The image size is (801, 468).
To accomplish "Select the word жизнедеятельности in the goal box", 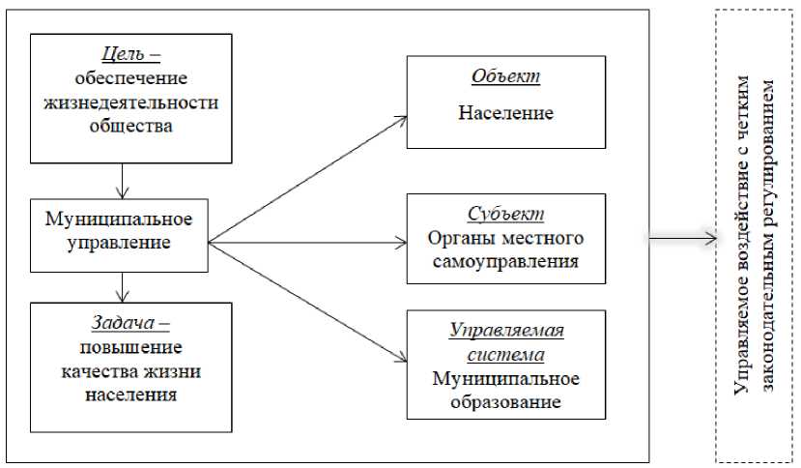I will (x=131, y=102).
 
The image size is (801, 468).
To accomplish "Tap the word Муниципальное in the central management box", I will (x=118, y=218).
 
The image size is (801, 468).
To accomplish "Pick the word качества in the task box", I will (x=99, y=370).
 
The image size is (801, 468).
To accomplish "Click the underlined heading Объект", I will (x=505, y=76).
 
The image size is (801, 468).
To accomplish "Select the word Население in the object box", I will (x=505, y=113).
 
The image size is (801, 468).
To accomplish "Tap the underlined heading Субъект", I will (x=505, y=214).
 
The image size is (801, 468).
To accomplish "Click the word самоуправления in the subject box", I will (x=505, y=261).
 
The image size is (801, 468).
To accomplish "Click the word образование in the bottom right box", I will (x=505, y=400).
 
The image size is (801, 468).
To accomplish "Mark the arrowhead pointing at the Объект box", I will (x=401, y=118).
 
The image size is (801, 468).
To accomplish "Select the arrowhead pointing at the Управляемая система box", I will (x=401, y=361).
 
